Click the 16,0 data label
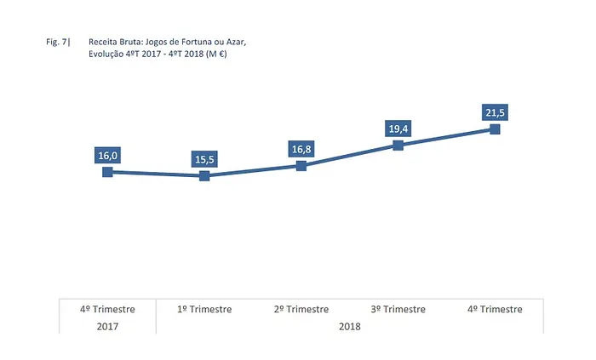[108, 156]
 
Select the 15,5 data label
[204, 159]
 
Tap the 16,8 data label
[301, 149]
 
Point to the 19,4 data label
[398, 129]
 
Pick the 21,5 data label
[495, 113]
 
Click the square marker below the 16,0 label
[107, 172]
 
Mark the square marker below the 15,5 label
[204, 176]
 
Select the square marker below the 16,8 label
[301, 165]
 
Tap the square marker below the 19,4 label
[398, 145]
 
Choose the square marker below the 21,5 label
[495, 129]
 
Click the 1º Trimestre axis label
[204, 309]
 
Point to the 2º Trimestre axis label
[301, 309]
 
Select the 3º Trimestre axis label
[398, 309]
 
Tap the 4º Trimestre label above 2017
[107, 309]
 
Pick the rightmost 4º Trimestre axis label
[495, 309]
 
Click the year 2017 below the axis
[107, 326]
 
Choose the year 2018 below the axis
[350, 326]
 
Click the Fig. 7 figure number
[59, 40]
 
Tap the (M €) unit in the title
[226, 53]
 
